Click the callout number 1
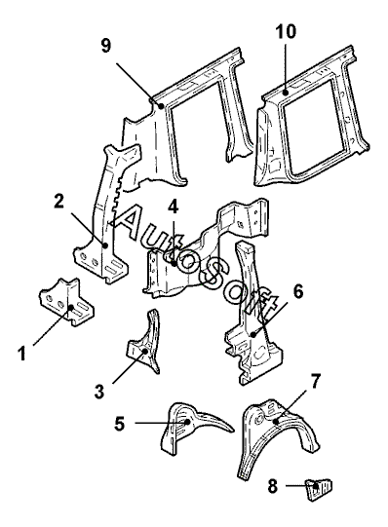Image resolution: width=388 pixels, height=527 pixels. (x=21, y=354)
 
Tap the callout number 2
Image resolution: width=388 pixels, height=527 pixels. (x=58, y=202)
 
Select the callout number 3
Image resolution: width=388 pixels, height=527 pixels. (x=99, y=392)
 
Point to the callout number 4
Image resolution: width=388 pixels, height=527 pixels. (x=174, y=207)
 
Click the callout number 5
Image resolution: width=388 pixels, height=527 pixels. (x=119, y=424)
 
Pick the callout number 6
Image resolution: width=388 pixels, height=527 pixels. (x=297, y=291)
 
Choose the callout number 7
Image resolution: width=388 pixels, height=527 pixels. (x=315, y=381)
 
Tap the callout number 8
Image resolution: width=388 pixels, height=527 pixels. (x=273, y=486)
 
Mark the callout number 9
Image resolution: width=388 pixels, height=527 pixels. (x=106, y=46)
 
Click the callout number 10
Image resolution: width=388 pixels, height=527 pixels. (x=286, y=31)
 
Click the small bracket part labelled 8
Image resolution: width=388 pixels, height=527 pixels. (x=318, y=489)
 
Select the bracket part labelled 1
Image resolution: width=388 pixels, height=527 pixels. (x=66, y=302)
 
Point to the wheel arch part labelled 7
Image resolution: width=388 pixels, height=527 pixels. (x=278, y=437)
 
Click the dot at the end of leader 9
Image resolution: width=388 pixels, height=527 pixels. (x=162, y=106)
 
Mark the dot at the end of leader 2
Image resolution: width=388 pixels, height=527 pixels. (x=105, y=245)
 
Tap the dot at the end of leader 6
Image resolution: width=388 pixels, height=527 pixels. (x=253, y=334)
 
